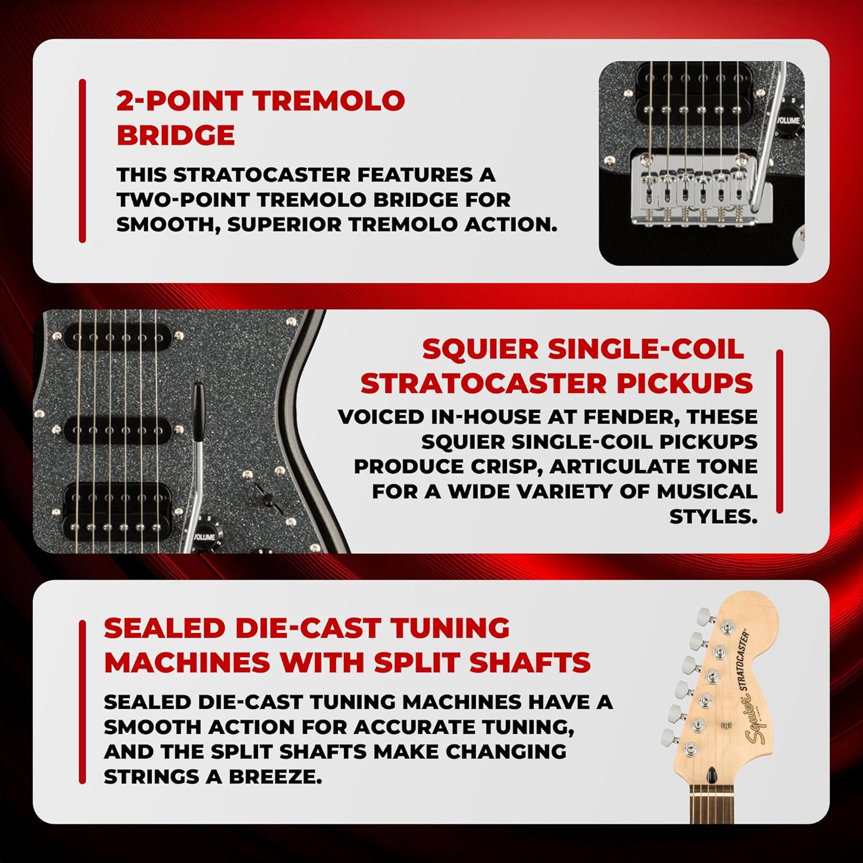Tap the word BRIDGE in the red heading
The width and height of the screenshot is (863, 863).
(175, 135)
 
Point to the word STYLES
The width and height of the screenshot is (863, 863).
(713, 517)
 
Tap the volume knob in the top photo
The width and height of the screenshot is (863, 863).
(788, 120)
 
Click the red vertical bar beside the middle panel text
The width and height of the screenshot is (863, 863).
(780, 431)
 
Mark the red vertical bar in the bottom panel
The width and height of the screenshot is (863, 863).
(82, 702)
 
